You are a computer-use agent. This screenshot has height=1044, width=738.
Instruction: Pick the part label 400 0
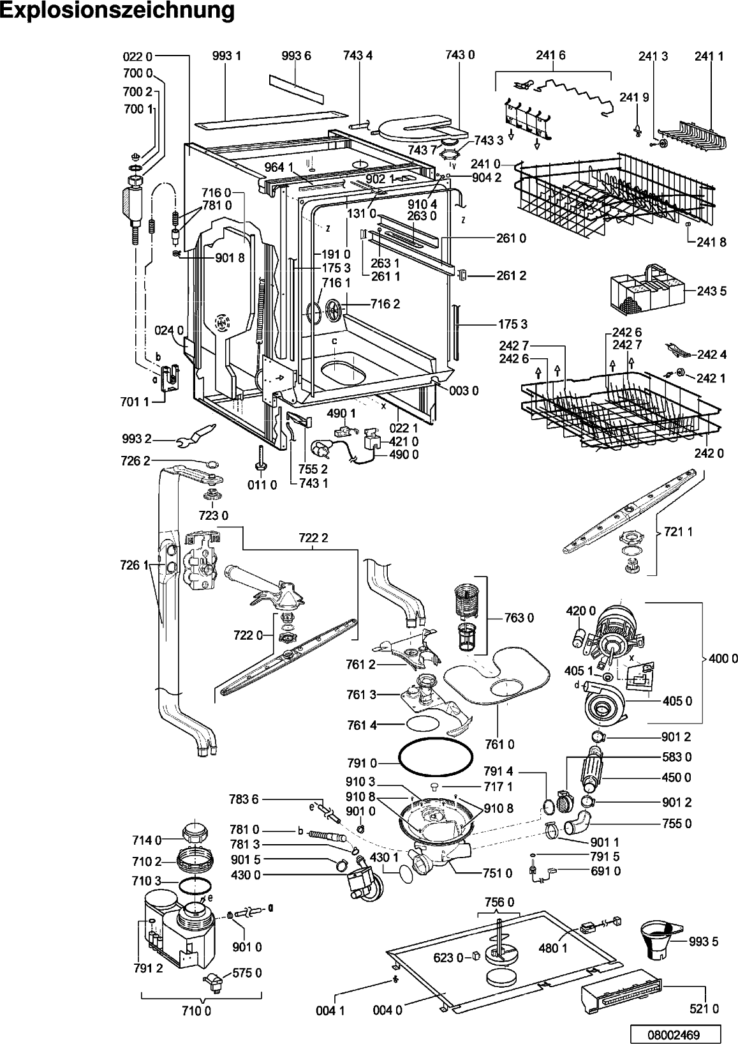pyautogui.click(x=723, y=658)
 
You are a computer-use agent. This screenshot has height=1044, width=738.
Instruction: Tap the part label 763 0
pyautogui.click(x=519, y=618)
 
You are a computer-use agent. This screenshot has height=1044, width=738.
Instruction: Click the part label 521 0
pyautogui.click(x=704, y=1009)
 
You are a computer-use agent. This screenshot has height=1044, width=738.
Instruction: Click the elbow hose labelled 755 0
pyautogui.click(x=578, y=825)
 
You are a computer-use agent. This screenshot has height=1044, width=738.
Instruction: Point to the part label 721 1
pyautogui.click(x=678, y=531)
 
